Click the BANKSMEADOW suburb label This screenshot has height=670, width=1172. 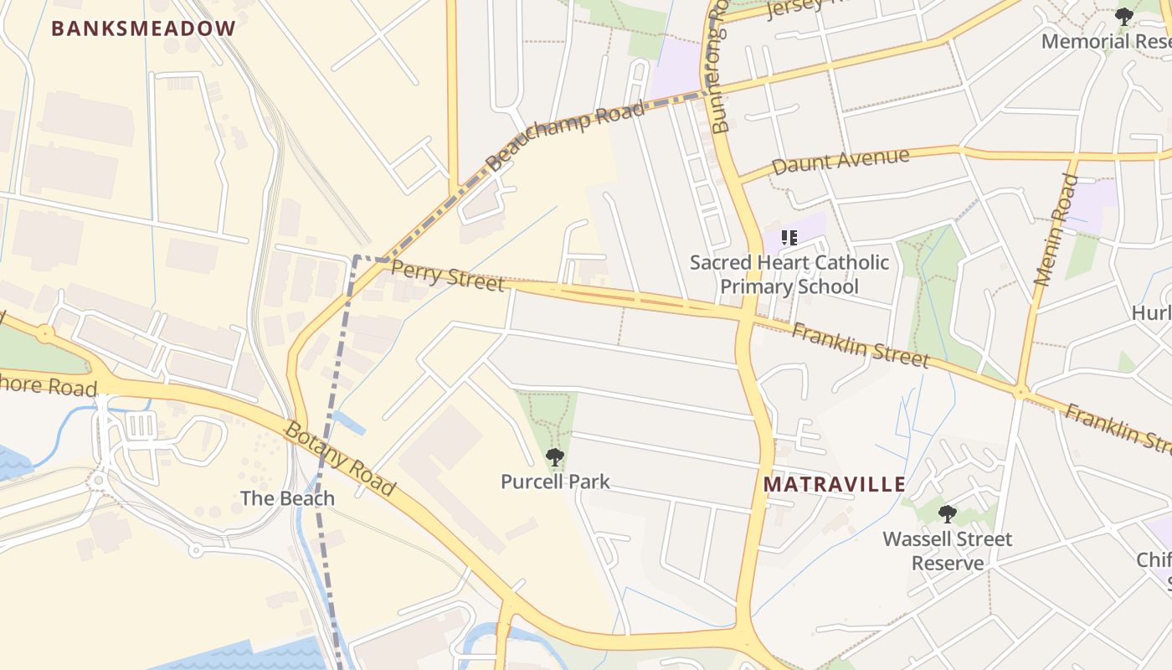pos(143,28)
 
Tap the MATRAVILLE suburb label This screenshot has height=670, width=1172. pos(835,484)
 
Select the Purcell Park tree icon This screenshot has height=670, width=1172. pos(554,457)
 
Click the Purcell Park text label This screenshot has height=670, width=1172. pos(555,482)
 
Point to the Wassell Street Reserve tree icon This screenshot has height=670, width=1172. pos(947,513)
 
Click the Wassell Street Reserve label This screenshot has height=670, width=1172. pos(948,550)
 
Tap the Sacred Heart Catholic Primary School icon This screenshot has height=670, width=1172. pos(789,238)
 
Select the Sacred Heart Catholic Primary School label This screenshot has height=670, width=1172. pos(789,275)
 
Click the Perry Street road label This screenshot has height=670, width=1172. pos(448,276)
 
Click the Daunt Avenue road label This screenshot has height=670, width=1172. pos(840,161)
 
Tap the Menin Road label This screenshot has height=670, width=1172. pos(1056,229)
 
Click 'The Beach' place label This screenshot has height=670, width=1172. pos(287,498)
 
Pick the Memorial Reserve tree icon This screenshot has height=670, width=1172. pos(1123,16)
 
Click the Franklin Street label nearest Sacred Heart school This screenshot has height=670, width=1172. pos(860,346)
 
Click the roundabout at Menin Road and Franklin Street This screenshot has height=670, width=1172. pos(1020,391)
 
